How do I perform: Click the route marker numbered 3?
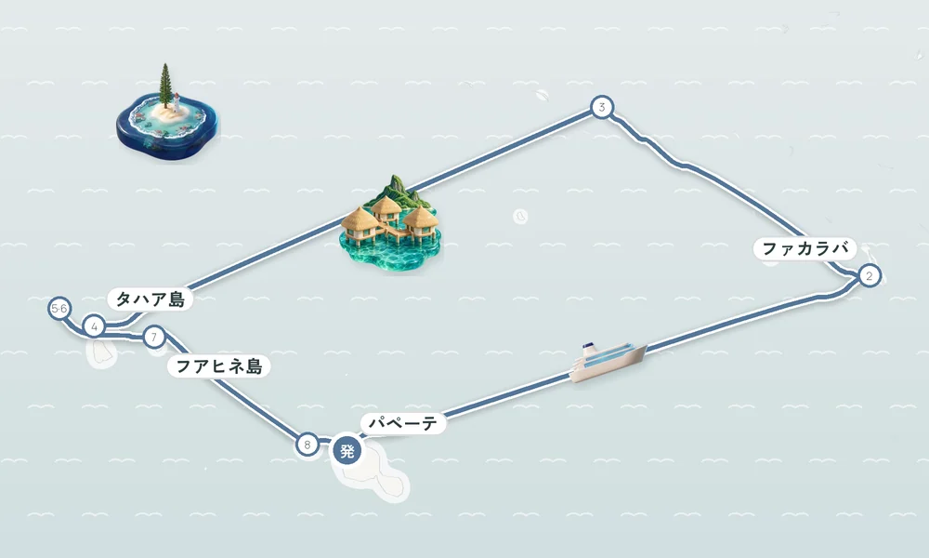pos(602,107)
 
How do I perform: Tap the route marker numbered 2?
pos(870,275)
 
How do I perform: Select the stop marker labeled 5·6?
pos(59,309)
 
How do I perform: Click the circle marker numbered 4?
pos(94,326)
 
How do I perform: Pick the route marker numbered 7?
pos(154,338)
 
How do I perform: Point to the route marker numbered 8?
pos(307,445)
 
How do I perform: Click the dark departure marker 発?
pos(347,451)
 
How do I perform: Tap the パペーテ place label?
pos(403,423)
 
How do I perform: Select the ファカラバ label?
pos(805,248)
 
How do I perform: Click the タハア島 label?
pos(150,299)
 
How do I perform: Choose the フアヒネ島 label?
pos(219,366)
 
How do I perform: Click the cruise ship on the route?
pos(608,360)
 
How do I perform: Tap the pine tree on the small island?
pos(165,86)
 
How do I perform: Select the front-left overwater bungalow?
pos(360,225)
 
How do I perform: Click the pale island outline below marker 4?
pos(100,352)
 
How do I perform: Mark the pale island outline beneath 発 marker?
pos(374,472)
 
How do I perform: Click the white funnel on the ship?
pos(587,350)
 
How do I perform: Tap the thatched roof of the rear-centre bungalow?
pos(386,206)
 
